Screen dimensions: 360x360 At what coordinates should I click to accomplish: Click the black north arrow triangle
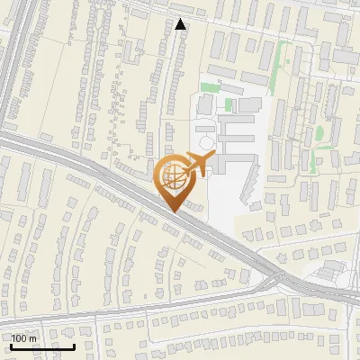click(181, 24)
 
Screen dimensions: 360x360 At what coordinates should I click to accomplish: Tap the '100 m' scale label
click(24, 338)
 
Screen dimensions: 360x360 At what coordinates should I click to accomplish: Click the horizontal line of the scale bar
click(42, 346)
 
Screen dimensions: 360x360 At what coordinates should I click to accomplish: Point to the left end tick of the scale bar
click(11, 344)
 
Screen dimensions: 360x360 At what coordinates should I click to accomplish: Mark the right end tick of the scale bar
click(74, 344)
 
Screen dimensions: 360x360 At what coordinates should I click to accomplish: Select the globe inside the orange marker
click(174, 176)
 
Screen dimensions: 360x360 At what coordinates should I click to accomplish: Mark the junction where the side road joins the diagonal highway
click(268, 282)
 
